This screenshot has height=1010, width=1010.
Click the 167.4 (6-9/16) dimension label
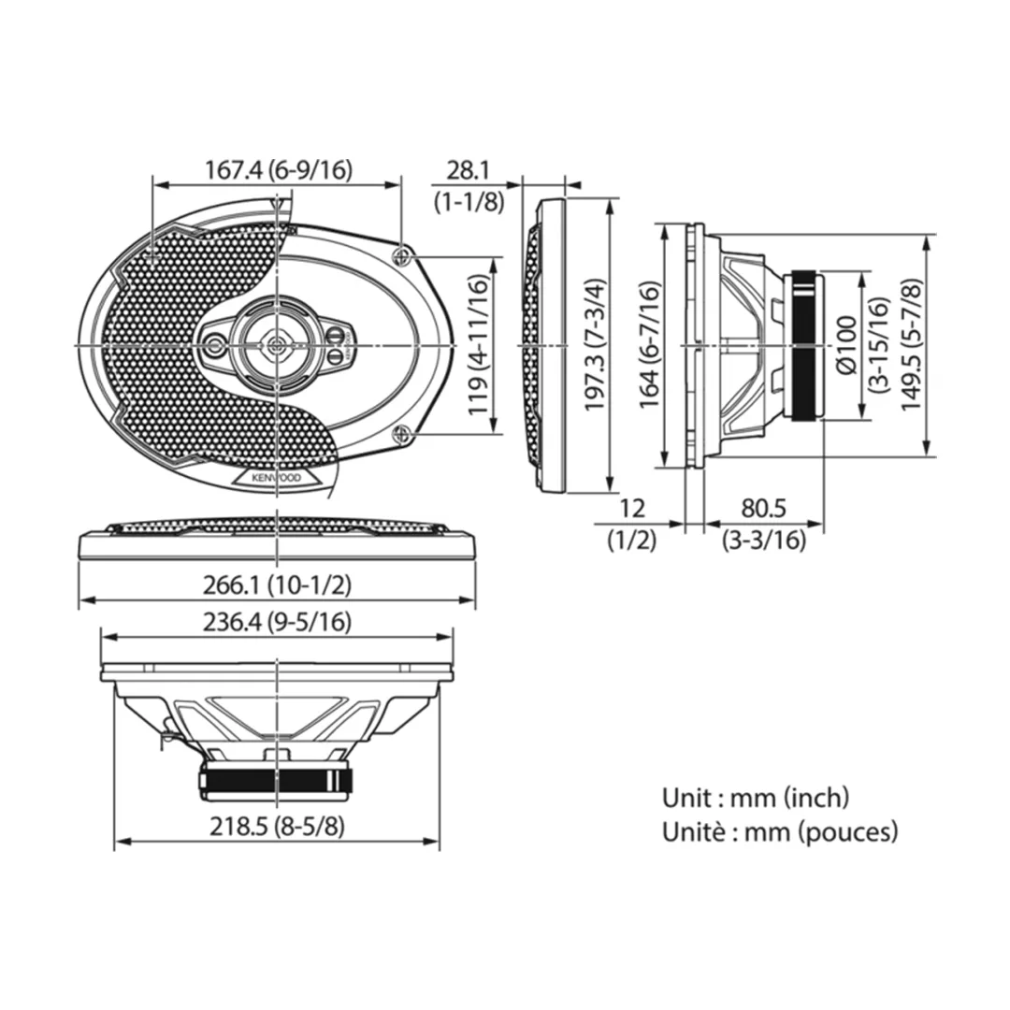[x=279, y=170]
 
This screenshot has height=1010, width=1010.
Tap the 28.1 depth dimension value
[x=469, y=171]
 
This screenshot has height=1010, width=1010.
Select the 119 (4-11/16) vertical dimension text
[x=478, y=345]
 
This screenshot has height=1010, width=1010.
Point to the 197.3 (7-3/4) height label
[x=595, y=345]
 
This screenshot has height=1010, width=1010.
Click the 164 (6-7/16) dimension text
[x=649, y=345]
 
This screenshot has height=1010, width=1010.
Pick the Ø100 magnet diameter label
[x=846, y=345]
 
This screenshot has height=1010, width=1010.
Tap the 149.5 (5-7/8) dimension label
[x=912, y=345]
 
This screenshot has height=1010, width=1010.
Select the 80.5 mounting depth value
[x=763, y=508]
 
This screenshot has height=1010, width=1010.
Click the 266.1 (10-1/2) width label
[x=277, y=584]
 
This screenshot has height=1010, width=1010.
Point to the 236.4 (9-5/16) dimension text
[x=277, y=622]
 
